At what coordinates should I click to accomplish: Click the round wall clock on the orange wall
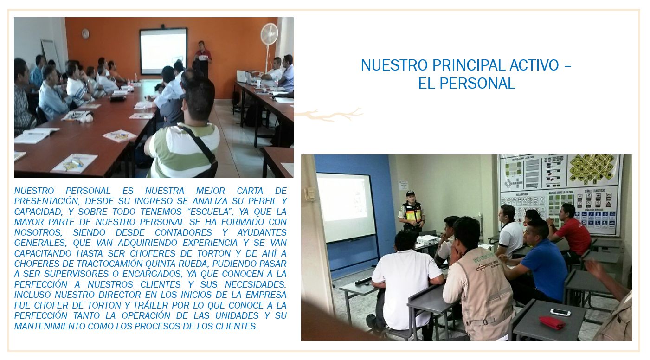pyautogui.click(x=85, y=34)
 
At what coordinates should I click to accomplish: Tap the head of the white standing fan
pyautogui.click(x=269, y=34)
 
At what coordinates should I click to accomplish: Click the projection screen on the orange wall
pyautogui.click(x=163, y=51)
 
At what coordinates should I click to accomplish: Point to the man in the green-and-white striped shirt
pyautogui.click(x=186, y=130)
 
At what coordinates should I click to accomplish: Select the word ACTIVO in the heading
pyautogui.click(x=534, y=65)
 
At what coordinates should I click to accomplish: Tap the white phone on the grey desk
pyautogui.click(x=560, y=312)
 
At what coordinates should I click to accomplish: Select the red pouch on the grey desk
pyautogui.click(x=552, y=322)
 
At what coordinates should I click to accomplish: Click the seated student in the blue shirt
pyautogui.click(x=537, y=261)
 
